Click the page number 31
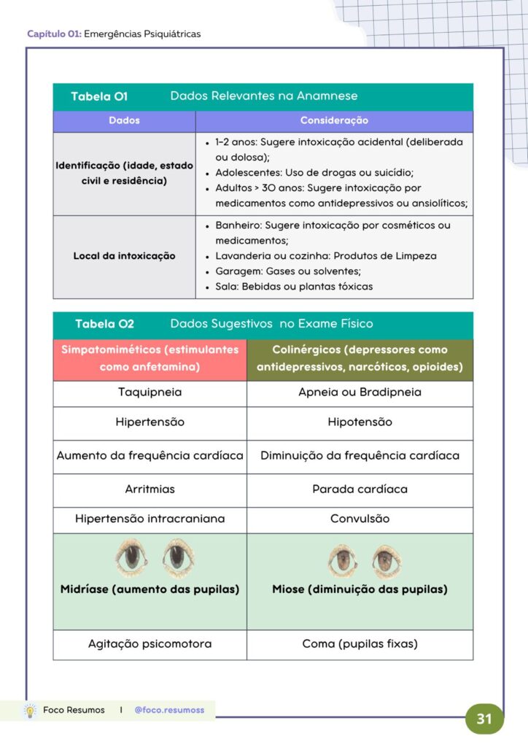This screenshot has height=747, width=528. (x=484, y=719)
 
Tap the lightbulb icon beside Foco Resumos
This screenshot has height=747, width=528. (x=31, y=710)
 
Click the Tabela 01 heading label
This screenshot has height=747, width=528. (x=99, y=96)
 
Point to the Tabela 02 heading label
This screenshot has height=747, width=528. (x=104, y=324)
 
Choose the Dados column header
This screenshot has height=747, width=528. (x=124, y=120)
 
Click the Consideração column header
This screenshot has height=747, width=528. (x=334, y=120)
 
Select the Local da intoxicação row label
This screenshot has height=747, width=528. (x=124, y=256)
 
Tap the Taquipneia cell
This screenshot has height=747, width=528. (x=150, y=392)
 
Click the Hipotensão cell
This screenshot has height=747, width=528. (x=360, y=422)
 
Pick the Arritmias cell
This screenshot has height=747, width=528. (x=150, y=489)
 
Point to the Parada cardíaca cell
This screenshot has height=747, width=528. (x=360, y=489)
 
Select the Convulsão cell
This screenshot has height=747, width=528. (x=360, y=519)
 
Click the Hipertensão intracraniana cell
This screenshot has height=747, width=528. (x=150, y=519)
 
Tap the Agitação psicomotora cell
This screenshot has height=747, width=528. (x=150, y=644)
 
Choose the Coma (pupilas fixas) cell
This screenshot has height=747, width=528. (x=360, y=644)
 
